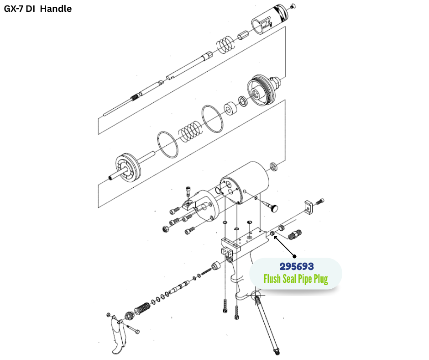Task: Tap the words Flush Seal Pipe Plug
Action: click(296, 278)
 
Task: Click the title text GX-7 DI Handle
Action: click(38, 9)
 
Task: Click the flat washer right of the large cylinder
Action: click(274, 165)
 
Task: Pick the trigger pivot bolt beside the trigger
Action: click(133, 329)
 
